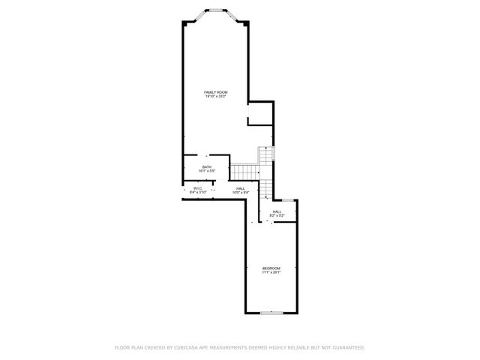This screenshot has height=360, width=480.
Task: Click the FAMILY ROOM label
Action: coord(216,92)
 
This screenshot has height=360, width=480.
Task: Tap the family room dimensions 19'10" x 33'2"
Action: coord(216,97)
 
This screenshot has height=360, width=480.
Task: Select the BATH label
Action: coord(206,166)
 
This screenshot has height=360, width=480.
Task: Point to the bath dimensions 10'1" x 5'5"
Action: coord(206,171)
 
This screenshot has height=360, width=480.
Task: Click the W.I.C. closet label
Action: coord(198,188)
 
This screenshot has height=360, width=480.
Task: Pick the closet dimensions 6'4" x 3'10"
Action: coord(198,193)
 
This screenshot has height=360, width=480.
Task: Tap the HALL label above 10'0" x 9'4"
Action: coord(240,188)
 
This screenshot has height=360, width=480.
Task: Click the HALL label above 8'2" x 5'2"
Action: coord(277,211)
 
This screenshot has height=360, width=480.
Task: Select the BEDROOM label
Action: coord(271,268)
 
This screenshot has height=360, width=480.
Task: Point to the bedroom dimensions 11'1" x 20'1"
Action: coord(271,272)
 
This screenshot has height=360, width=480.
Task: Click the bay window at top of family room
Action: coord(216,10)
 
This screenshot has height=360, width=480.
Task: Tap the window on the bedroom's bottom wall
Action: coord(271,313)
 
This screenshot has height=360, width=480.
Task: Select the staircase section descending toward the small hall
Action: coord(267,188)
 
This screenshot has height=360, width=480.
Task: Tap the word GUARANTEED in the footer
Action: coord(348,348)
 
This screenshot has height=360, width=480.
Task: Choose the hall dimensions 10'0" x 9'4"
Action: coord(240,193)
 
